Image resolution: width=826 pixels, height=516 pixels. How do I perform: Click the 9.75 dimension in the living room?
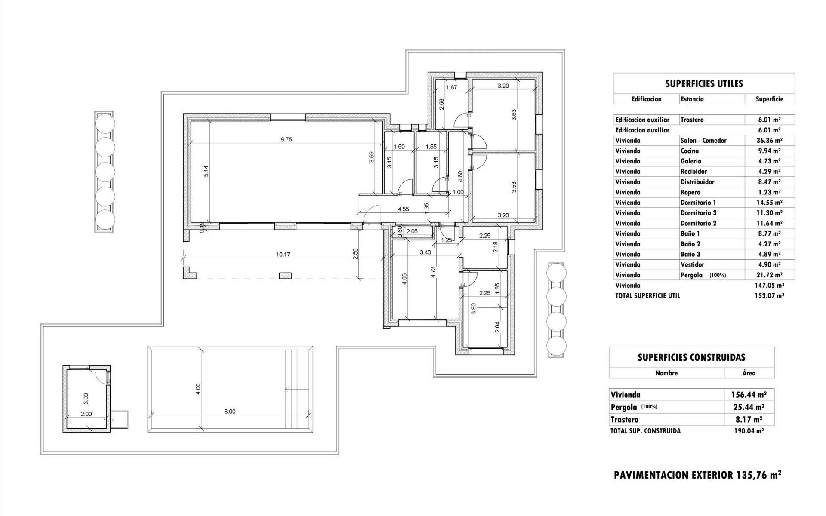coord(286,139)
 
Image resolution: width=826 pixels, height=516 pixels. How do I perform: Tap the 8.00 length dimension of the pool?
coord(230,412)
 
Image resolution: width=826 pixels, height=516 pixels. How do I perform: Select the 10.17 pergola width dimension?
coord(283,255)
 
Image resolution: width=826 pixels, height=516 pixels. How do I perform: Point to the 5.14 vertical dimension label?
coord(206,171)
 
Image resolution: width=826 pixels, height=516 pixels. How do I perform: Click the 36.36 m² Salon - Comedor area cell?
coord(769,141)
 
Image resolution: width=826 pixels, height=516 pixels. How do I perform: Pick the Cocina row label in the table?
coord(690,151)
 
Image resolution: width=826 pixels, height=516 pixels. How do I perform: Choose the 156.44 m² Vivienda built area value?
coord(749,395)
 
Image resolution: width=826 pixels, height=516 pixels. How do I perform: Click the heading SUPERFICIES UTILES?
coord(704,84)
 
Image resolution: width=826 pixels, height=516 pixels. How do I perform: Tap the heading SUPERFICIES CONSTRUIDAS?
coord(691,357)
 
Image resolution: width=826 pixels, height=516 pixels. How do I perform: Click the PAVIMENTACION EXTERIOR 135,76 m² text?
coord(697,475)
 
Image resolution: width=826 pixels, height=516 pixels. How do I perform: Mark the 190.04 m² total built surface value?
coord(749,431)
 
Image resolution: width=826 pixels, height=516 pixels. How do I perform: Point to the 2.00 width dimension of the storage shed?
coord(86,414)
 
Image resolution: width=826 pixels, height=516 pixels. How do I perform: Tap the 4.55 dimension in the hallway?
coord(403,209)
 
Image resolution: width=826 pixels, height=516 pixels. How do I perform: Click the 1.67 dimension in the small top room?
coord(451,87)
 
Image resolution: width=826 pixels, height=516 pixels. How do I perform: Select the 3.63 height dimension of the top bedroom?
coord(514,115)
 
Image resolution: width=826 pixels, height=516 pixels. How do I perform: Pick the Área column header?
coord(749,373)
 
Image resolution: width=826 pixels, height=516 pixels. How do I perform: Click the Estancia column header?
coord(692,99)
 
